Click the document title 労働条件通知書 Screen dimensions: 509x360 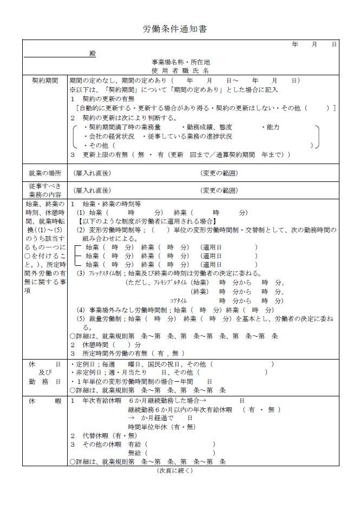point(175,29)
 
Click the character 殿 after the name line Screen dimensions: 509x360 point(92,54)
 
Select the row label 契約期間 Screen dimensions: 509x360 point(45,80)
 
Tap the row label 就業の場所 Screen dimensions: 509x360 point(45,173)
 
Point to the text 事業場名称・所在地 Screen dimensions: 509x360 point(180,62)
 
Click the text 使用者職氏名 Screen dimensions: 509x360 point(180,70)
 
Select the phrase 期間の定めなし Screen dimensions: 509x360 point(91,80)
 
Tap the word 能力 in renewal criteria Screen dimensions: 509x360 point(273,127)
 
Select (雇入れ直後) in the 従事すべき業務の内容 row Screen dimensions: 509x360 point(92,190)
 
